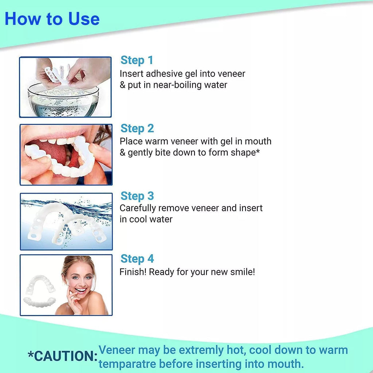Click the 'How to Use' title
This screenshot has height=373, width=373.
(x=52, y=19)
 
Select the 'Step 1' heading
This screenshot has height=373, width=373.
(x=137, y=60)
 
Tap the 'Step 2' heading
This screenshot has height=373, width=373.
(x=137, y=129)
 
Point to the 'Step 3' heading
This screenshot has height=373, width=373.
(x=137, y=196)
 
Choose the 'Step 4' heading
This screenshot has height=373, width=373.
(x=137, y=259)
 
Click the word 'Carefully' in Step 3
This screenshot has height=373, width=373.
(x=138, y=208)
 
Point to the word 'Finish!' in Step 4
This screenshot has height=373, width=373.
(x=133, y=272)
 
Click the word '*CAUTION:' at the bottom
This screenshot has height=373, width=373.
(x=63, y=356)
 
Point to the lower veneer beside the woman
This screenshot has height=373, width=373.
(x=39, y=302)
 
